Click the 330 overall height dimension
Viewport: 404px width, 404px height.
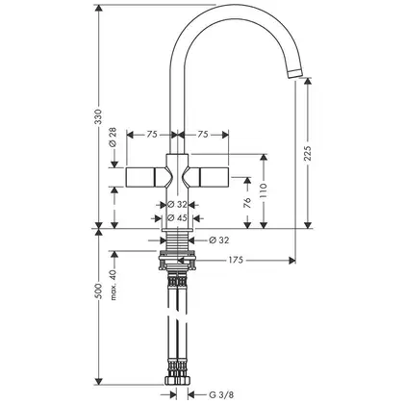[x=99, y=116]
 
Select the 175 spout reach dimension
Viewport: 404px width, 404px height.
[x=236, y=260]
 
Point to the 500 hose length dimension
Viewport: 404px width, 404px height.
[x=99, y=291]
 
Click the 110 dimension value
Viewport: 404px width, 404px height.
[x=264, y=190]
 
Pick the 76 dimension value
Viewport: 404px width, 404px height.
[x=247, y=203]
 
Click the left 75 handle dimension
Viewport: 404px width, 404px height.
[x=152, y=135]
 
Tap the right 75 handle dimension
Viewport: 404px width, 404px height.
[x=203, y=135]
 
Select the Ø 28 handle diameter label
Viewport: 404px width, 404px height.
[x=113, y=138]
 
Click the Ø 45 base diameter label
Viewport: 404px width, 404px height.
[x=177, y=218]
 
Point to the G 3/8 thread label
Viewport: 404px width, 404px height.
[x=221, y=394]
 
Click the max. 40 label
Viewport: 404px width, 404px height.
[x=113, y=285]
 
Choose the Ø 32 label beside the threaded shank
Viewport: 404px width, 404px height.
[x=219, y=240]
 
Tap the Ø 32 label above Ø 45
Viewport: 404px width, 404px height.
[x=177, y=204]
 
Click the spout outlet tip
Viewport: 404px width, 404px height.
[x=295, y=73]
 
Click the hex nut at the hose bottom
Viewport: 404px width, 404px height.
[x=177, y=381]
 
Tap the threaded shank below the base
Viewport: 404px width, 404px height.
[x=177, y=241]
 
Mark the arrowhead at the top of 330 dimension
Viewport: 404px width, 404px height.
[x=99, y=9]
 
